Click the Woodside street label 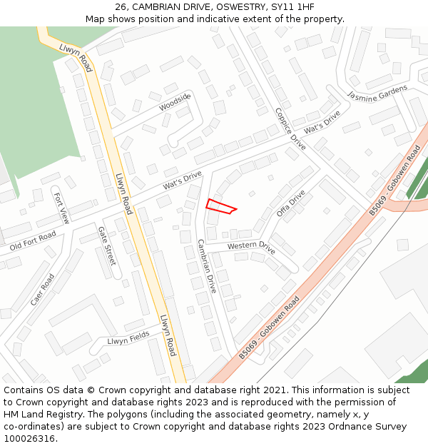pos(175,102)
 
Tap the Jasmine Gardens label pos(377,93)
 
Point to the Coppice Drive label pos(290,128)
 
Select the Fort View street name pos(61,208)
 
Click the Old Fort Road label pos(33,241)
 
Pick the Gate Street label pos(106,246)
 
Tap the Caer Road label pos(43,290)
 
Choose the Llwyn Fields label pos(128,338)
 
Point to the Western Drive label pos(251,247)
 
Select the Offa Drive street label pos(290,203)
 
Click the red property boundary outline pos(220,206)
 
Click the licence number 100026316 pos(29,439)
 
